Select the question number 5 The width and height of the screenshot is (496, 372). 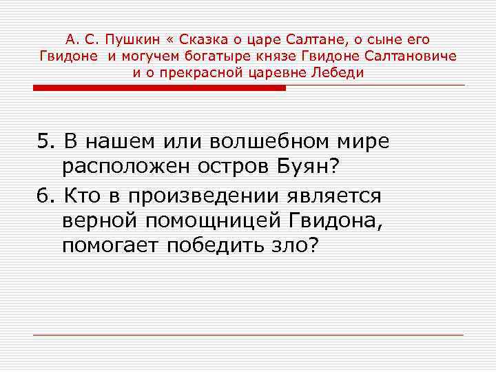coord(45,142)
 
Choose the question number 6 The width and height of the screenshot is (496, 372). coord(45,196)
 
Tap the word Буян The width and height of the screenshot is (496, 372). coord(315,169)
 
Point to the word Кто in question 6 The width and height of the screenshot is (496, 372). coord(81,196)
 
